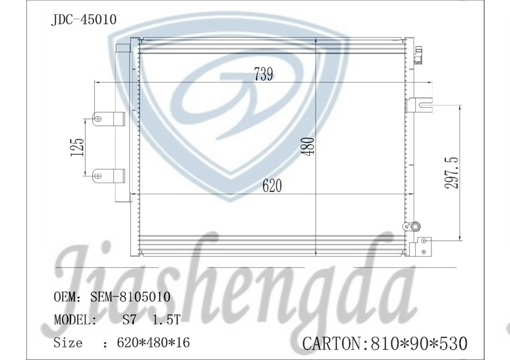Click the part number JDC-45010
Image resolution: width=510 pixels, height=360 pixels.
pos(84,19)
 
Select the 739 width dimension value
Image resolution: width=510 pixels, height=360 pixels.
pos(264,74)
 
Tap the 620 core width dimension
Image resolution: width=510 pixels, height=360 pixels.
pos(272,186)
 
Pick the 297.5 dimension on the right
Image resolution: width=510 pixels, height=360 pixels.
pos(452,173)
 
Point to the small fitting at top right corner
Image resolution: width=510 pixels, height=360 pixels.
pos(419,55)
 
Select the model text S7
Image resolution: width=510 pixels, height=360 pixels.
pos(127,320)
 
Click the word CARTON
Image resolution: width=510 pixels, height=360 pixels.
pos(332,343)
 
